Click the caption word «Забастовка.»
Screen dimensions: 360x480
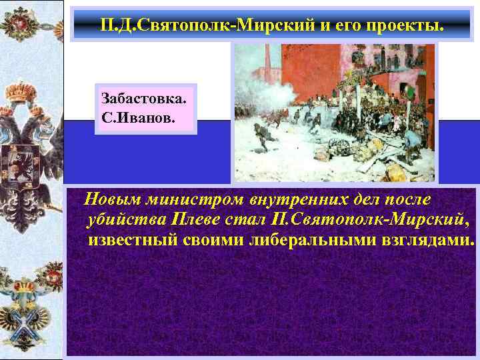tap(144, 99)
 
